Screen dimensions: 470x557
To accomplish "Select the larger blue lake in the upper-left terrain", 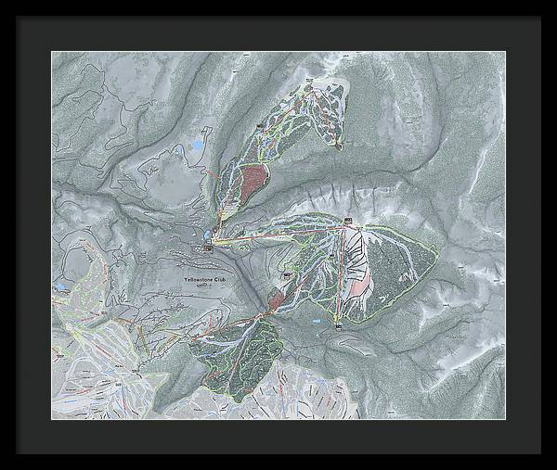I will click(x=198, y=146).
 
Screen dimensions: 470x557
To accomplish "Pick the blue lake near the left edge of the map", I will click(x=61, y=288).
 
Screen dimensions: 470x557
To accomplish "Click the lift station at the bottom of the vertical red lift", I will click(x=339, y=326).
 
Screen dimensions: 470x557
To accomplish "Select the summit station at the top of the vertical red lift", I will click(x=348, y=221).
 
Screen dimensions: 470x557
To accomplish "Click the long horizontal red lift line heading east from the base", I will click(x=278, y=234).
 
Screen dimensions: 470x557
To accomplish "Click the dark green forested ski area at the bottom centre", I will click(x=237, y=357).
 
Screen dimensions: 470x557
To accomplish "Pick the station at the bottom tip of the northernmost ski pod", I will click(x=340, y=146).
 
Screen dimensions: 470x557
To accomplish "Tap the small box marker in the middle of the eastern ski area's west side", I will click(x=287, y=275).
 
